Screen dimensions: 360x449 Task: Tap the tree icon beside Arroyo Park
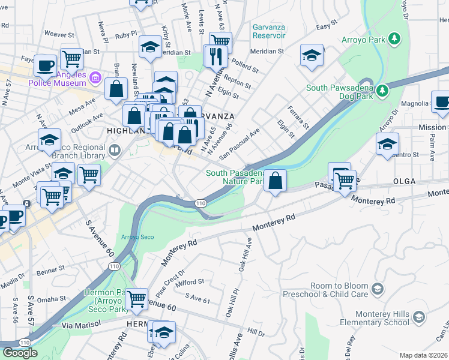(x=394, y=39)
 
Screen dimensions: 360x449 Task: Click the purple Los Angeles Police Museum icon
(x=94, y=77)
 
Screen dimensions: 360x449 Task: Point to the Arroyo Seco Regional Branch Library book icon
(x=115, y=149)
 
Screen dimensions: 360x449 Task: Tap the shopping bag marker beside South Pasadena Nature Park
(x=275, y=181)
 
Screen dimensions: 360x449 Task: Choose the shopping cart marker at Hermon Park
(x=137, y=298)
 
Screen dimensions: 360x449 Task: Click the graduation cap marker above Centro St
(x=387, y=144)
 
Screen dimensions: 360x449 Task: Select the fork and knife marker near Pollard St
(x=215, y=56)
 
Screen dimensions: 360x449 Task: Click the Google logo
(x=20, y=353)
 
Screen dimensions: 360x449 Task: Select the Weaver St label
(x=58, y=35)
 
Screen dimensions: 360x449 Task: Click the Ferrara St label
(x=297, y=118)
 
